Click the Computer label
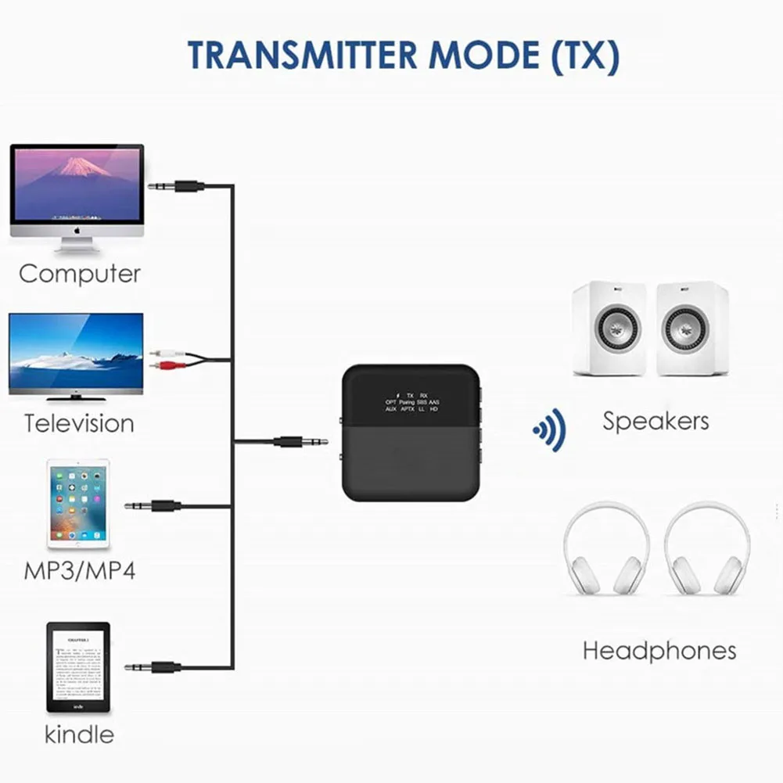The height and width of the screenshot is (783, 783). pyautogui.click(x=80, y=274)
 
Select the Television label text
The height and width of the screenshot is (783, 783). pyautogui.click(x=79, y=423)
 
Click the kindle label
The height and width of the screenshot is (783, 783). pyautogui.click(x=79, y=734)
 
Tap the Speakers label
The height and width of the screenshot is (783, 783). pyautogui.click(x=655, y=421)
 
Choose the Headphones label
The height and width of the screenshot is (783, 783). pyautogui.click(x=659, y=650)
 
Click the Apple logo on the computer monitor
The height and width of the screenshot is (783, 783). pyautogui.click(x=77, y=232)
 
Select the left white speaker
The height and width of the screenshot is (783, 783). pyautogui.click(x=609, y=329)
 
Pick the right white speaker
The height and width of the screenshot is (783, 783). pyautogui.click(x=692, y=329)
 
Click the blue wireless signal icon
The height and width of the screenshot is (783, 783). pyautogui.click(x=549, y=429)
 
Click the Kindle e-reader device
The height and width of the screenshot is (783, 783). pyautogui.click(x=78, y=666)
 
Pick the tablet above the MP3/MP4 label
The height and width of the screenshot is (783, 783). pyautogui.click(x=78, y=505)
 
